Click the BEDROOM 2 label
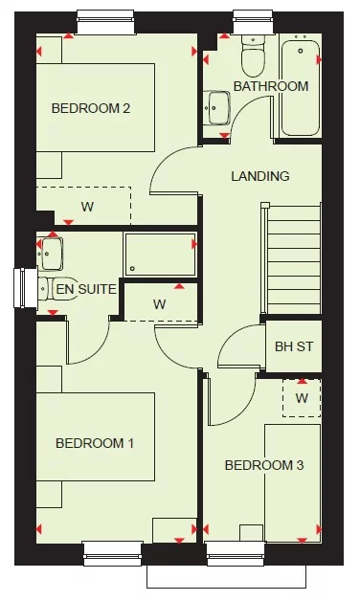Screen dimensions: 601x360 (91, 108)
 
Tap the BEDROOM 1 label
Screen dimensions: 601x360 (95, 443)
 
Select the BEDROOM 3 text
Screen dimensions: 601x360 (264, 465)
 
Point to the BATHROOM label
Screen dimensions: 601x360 (271, 86)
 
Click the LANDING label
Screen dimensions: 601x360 (259, 176)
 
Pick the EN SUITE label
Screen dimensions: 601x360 (86, 288)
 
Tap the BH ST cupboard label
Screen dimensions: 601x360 (291, 347)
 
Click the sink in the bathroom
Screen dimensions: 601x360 (218, 107)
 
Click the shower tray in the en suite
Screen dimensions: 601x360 (159, 255)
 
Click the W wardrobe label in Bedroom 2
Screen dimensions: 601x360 (86, 207)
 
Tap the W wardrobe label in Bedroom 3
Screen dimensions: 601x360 (301, 396)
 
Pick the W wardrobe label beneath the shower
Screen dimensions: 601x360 (159, 304)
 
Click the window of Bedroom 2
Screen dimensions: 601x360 (105, 18)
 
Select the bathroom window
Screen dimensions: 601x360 (253, 18)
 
